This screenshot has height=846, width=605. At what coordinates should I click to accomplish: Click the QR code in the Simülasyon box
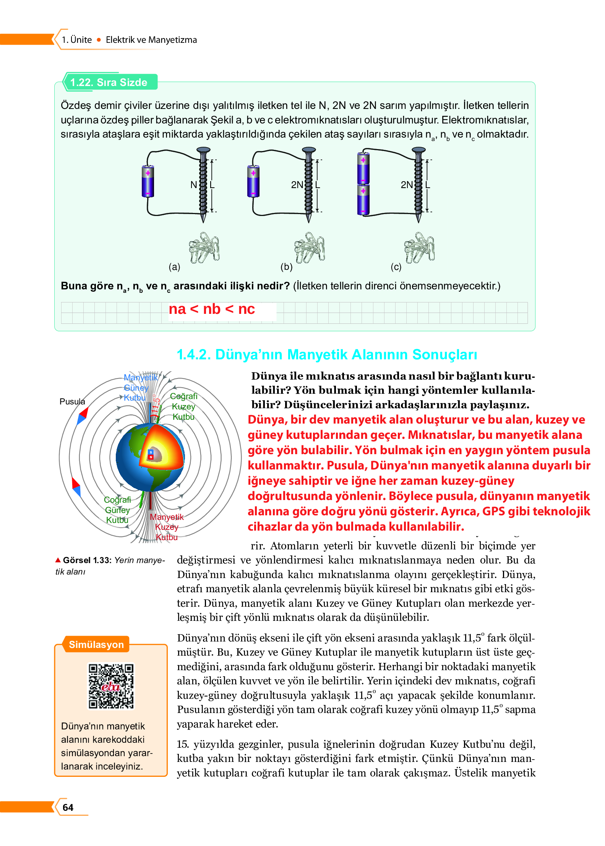(x=111, y=686)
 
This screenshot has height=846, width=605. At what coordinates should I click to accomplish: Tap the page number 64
(x=68, y=807)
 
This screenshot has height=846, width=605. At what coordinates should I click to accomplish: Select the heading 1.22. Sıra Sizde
(x=109, y=82)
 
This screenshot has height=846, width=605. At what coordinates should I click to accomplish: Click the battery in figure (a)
(x=148, y=181)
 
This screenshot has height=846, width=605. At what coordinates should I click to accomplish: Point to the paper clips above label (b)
(x=309, y=247)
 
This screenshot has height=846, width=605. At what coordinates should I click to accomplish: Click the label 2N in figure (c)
(x=407, y=185)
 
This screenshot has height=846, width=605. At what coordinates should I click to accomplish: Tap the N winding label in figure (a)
(x=194, y=185)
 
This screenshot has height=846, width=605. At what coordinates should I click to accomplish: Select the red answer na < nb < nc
(x=212, y=309)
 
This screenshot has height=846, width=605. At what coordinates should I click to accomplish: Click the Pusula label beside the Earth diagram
(x=72, y=401)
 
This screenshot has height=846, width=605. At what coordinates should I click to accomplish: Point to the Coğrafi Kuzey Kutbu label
(x=183, y=406)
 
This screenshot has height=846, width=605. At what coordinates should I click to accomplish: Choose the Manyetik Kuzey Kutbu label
(x=167, y=527)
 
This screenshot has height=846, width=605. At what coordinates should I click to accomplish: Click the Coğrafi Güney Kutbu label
(x=117, y=510)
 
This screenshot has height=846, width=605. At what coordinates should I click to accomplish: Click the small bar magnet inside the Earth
(x=151, y=455)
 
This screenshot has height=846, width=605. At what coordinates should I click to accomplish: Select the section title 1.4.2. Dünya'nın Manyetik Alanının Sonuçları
(x=327, y=354)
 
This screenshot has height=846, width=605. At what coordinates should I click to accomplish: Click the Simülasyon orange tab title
(x=96, y=645)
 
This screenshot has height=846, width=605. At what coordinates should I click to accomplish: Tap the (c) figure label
(x=396, y=267)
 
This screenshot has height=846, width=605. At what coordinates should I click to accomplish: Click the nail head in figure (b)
(x=308, y=150)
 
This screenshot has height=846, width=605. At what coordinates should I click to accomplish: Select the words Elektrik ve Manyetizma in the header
(x=151, y=40)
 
